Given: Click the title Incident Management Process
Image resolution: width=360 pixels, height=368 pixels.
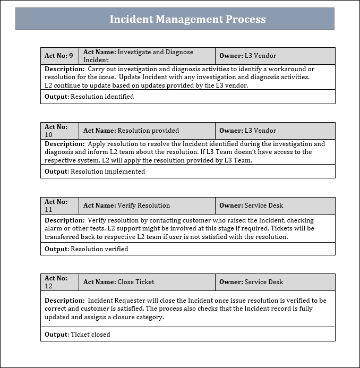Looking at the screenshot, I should point(187,20).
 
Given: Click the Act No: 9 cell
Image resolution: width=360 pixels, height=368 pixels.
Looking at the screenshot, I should point(59,56).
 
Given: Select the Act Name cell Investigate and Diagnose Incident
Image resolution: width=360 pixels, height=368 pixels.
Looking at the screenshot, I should point(147,56).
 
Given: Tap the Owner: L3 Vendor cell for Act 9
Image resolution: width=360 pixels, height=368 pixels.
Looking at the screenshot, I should point(275,56).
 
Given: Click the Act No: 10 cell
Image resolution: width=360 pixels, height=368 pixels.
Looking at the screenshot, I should point(59,131).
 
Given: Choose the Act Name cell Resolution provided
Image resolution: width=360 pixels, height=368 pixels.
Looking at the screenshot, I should point(147,131).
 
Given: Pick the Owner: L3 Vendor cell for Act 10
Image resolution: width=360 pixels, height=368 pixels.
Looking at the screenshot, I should point(275,131).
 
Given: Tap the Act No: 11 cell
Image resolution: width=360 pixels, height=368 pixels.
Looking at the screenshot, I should point(59,206).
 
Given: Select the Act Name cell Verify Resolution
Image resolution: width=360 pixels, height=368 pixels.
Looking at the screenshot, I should point(147,206).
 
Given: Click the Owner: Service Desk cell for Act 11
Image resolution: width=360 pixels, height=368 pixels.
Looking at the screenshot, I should point(275,206).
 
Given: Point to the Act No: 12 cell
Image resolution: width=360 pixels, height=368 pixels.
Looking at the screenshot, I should point(59,282).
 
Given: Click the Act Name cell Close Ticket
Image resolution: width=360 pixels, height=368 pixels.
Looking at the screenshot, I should point(147,282).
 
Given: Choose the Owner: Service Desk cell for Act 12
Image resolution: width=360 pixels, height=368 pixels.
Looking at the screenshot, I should point(275,282).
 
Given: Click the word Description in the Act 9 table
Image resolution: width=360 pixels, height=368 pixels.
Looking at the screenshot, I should point(64,69).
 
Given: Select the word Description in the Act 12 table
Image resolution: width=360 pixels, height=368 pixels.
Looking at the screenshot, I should point(64,300).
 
